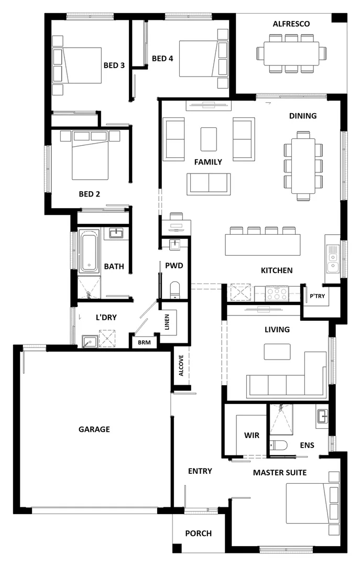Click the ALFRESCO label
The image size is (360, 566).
tap(291, 24)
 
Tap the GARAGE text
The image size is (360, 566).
tap(94, 429)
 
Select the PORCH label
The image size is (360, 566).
tap(199, 534)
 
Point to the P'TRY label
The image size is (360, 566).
tap(317, 296)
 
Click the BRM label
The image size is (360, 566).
tap(144, 342)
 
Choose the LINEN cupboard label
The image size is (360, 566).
tap(167, 322)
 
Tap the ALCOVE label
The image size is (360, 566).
tap(180, 365)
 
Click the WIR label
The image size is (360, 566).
tap(252, 436)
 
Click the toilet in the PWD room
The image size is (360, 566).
tap(175, 289)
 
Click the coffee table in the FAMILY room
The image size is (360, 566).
tap(209, 139)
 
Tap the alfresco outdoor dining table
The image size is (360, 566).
tap(291, 53)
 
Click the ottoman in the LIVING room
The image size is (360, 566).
tap(277, 352)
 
